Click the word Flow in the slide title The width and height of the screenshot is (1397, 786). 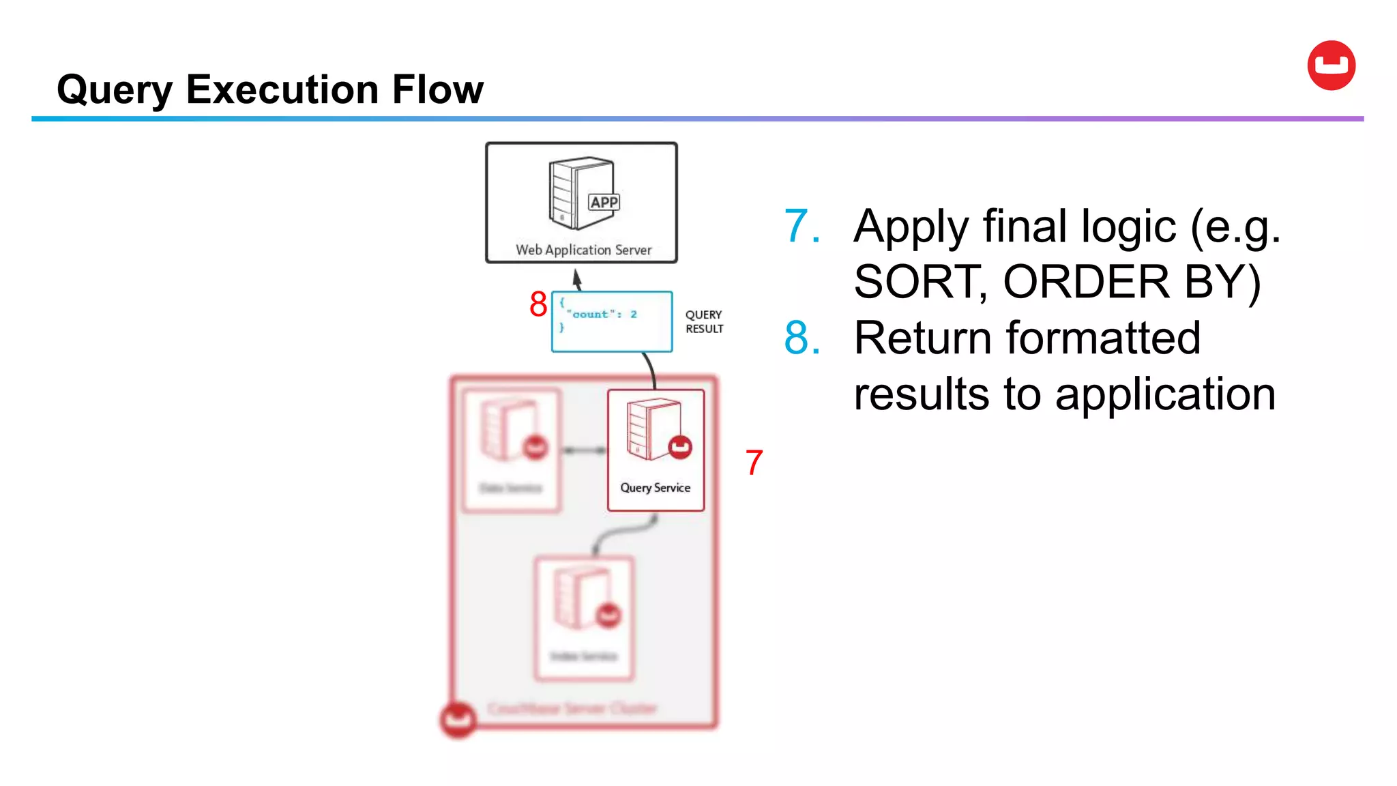click(x=437, y=89)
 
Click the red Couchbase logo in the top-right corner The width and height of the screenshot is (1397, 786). click(x=1331, y=65)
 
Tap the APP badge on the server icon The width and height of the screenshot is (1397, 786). click(x=604, y=202)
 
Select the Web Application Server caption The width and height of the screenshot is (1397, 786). click(x=583, y=250)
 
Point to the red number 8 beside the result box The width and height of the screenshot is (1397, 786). click(x=538, y=304)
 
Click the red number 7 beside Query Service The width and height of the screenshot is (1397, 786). click(x=754, y=463)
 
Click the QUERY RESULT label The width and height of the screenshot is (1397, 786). click(x=704, y=321)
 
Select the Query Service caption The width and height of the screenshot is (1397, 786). click(x=655, y=488)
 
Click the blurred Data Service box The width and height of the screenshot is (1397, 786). click(x=511, y=450)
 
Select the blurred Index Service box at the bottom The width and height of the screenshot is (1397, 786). click(x=584, y=617)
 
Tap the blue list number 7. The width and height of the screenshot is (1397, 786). click(x=801, y=227)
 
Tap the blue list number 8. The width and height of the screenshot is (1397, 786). click(x=801, y=338)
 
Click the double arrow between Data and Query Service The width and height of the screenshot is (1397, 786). click(x=584, y=450)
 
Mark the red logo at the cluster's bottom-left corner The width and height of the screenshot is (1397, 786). click(x=458, y=719)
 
